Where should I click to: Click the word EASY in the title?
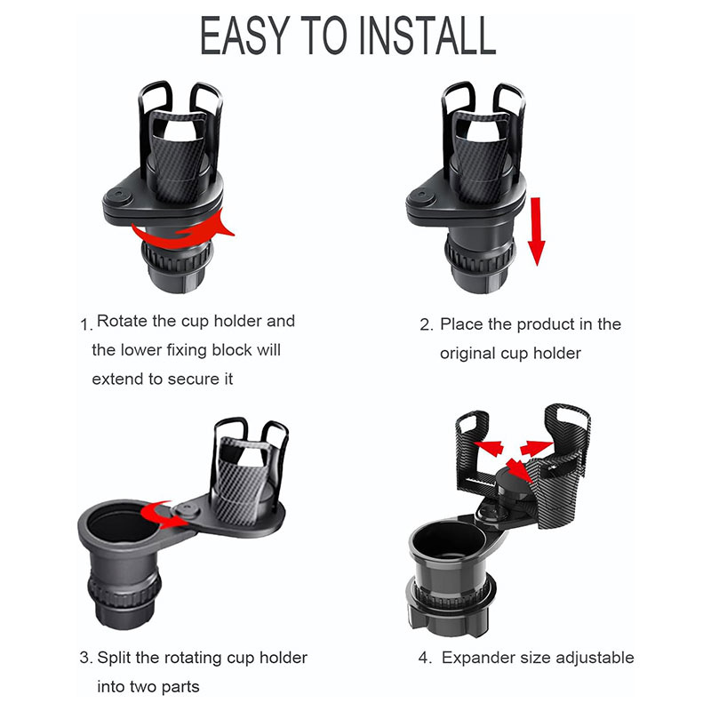pos(245,36)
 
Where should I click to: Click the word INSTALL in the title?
pos(428,36)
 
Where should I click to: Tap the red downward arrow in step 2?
pos(537,231)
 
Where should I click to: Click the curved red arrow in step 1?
pos(181,231)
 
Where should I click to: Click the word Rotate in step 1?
pos(122,321)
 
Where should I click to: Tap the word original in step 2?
pos(467,354)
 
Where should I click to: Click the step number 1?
pos(85,324)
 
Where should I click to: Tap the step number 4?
pos(425,658)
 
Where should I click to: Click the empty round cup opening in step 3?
pos(120,525)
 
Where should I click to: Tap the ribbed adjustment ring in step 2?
pos(480,260)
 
